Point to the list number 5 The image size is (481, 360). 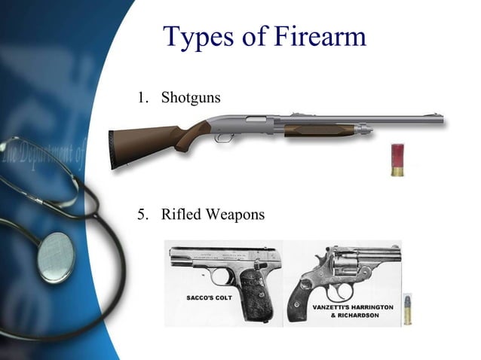tap(141, 215)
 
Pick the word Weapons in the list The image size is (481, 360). tap(236, 215)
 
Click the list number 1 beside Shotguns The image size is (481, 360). tap(141, 99)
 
